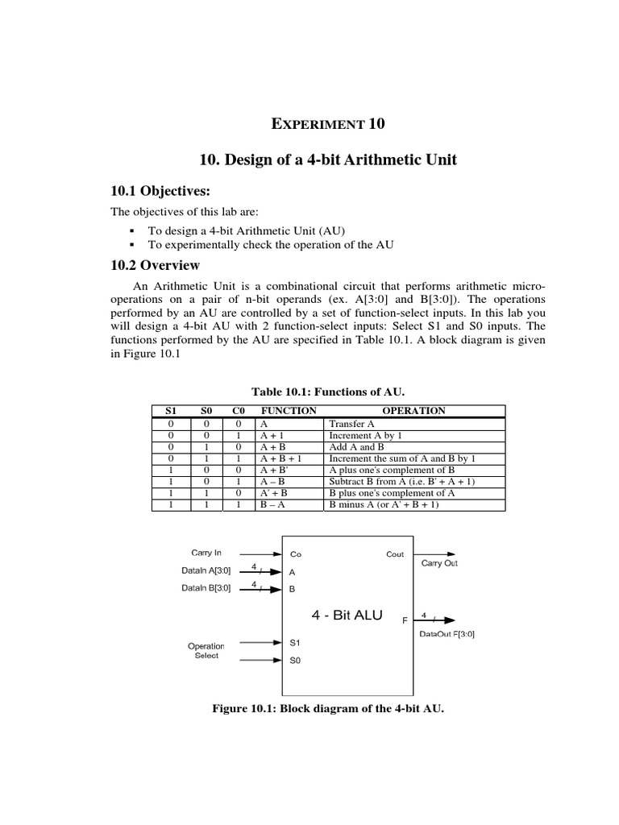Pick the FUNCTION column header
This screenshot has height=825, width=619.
pyautogui.click(x=289, y=411)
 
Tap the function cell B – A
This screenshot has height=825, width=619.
pyautogui.click(x=273, y=505)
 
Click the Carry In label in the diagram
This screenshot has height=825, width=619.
pyautogui.click(x=206, y=553)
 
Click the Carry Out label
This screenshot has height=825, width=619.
pyautogui.click(x=439, y=563)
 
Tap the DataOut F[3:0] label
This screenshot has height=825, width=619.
pyautogui.click(x=447, y=633)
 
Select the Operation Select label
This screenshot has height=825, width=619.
pyautogui.click(x=206, y=650)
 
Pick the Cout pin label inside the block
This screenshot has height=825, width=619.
pyautogui.click(x=395, y=554)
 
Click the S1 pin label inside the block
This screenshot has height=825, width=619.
pyautogui.click(x=294, y=642)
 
